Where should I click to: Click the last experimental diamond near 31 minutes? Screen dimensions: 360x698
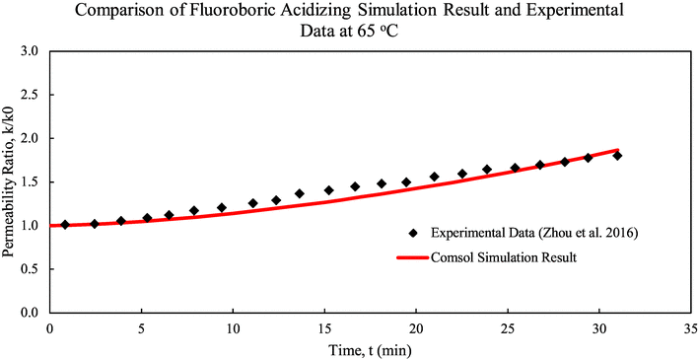(617, 155)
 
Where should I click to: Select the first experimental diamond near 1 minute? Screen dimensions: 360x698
(65, 225)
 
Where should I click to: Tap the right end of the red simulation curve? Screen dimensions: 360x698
(618, 150)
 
